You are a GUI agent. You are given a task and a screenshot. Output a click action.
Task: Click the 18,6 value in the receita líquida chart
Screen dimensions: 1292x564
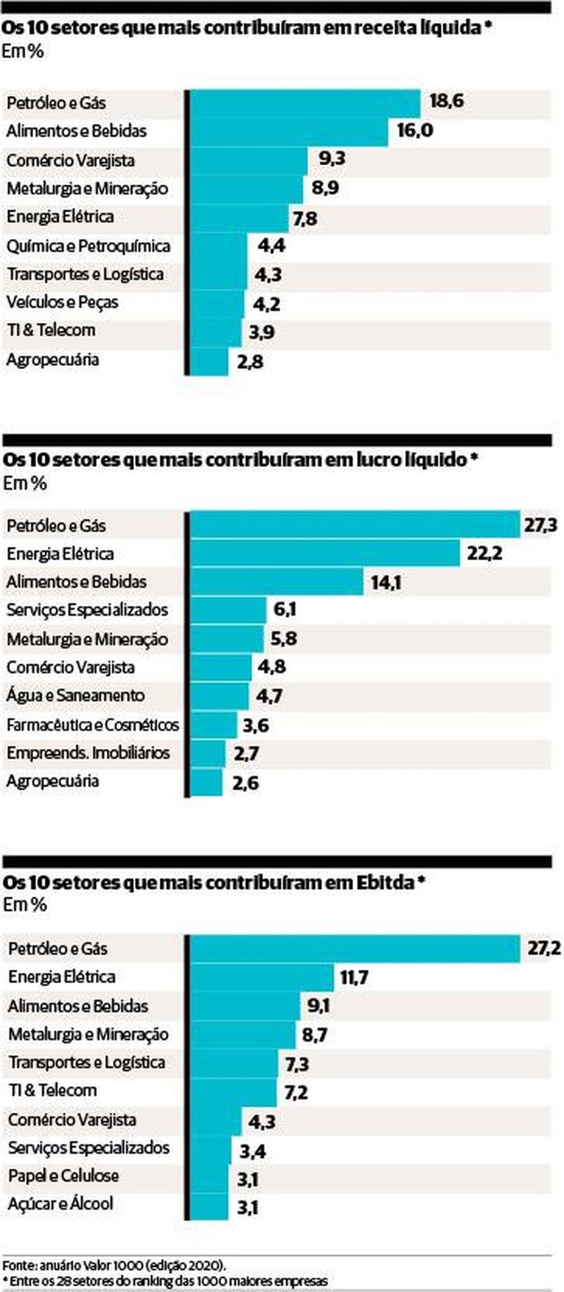(446, 102)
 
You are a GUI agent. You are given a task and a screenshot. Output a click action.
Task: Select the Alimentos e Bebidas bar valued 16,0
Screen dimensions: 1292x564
(289, 131)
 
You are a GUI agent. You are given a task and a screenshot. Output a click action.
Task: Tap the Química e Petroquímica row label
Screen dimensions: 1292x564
(88, 246)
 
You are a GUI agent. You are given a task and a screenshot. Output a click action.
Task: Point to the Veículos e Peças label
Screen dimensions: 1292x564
(63, 303)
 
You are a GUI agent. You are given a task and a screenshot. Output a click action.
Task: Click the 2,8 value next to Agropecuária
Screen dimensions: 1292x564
(249, 362)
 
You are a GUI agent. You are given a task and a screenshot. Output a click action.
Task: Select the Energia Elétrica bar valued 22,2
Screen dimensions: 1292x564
(325, 554)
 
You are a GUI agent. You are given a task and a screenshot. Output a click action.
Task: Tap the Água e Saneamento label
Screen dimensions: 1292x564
(75, 696)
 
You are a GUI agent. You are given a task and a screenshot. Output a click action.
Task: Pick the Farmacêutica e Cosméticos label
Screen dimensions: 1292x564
(93, 725)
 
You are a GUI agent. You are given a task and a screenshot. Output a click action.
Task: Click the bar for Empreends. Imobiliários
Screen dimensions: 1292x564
(207, 753)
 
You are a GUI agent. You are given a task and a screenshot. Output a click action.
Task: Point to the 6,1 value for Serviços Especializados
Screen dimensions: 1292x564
(285, 610)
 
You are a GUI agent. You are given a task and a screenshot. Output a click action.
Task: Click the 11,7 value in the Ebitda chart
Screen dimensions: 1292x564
(354, 977)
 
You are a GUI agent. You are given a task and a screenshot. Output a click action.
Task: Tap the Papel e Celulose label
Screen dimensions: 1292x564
(63, 1176)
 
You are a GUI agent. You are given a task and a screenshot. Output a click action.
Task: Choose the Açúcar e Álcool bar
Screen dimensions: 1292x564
(209, 1205)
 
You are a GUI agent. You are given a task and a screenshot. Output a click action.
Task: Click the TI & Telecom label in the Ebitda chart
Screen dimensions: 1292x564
(52, 1090)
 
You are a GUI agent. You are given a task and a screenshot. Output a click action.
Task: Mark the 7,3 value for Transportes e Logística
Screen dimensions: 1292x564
(297, 1064)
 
